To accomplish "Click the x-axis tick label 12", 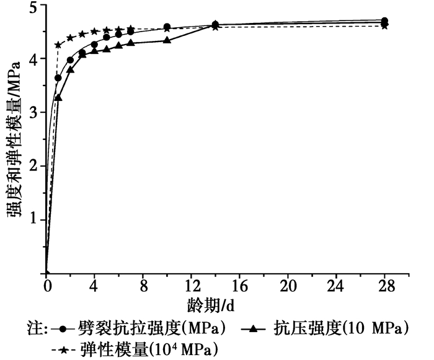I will click(191, 288).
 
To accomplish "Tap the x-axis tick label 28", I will click(384, 288).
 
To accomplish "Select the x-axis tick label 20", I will click(288, 288).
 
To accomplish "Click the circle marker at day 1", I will click(58, 78).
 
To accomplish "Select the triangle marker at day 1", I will click(58, 97).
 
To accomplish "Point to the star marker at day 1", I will click(58, 45).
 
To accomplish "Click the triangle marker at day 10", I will click(167, 40).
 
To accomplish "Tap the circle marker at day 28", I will click(384, 20).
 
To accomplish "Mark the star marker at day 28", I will click(384, 25).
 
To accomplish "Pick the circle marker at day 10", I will click(167, 27).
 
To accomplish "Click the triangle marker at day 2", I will click(71, 69).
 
